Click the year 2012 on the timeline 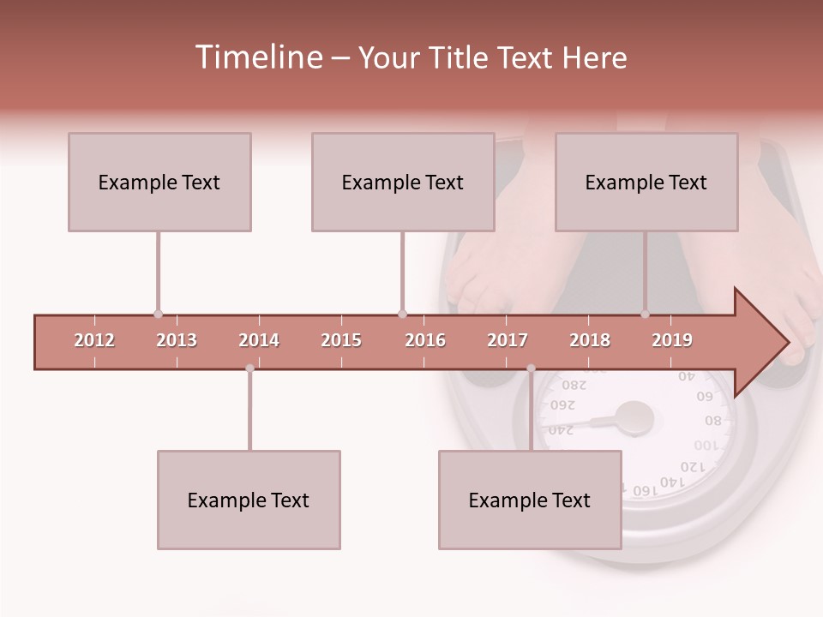pos(94,340)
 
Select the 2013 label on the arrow pos(177,340)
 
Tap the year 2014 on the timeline pos(259,340)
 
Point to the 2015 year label pos(341,340)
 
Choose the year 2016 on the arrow pos(425,340)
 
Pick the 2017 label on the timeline pos(508,340)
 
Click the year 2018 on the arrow pos(590,340)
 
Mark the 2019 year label pos(672,340)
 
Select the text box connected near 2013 pos(159,182)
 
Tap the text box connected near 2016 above pos(403,182)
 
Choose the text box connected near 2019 pos(646,182)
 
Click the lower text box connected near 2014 pos(249,500)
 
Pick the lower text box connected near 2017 pos(530,500)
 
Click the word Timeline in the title pos(256,57)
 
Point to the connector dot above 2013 pos(158,314)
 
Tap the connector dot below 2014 pos(249,368)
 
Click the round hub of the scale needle pos(635,418)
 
